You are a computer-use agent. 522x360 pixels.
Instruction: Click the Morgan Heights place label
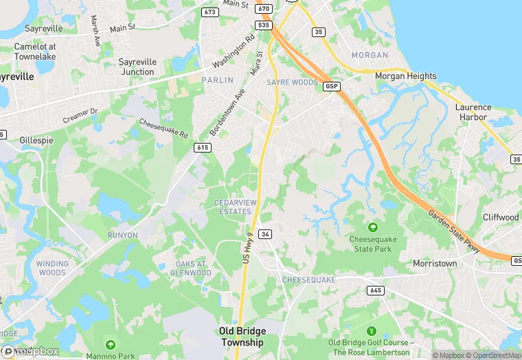coord(405,76)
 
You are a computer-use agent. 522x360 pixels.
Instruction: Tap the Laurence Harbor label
coord(473,112)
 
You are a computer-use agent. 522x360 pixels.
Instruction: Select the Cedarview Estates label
coord(234,207)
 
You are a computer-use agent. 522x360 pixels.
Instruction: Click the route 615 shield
coord(202,148)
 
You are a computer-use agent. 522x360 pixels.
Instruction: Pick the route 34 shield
coord(265,234)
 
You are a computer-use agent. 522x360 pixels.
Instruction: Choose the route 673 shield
coord(209,12)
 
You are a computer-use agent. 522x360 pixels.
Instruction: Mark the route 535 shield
coord(262,25)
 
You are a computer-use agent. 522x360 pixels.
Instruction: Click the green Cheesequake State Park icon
coord(373,227)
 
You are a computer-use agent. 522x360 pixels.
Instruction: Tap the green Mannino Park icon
coord(111,344)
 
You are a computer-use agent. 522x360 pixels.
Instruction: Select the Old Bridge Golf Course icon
coord(372,330)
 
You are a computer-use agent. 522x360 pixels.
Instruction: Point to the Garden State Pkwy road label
coord(454,231)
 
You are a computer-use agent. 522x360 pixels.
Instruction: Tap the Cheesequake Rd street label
coord(163,128)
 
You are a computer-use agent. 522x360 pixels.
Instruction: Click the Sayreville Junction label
coord(137,67)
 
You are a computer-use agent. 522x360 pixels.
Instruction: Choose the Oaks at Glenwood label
coord(192,268)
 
